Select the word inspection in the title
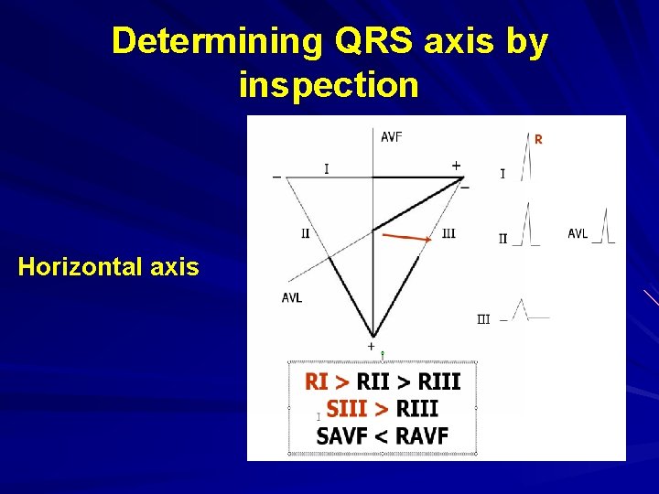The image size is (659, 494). [x=329, y=85]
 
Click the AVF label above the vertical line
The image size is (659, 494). [x=392, y=137]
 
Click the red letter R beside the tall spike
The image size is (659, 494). [x=538, y=140]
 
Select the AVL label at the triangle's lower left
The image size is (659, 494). [x=292, y=297]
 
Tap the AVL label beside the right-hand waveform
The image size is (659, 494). [x=578, y=234]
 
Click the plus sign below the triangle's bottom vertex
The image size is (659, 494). [x=371, y=347]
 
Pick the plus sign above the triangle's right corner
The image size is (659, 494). [x=456, y=166]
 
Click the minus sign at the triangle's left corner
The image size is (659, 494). [x=277, y=177]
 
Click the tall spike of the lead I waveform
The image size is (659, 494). [x=527, y=156]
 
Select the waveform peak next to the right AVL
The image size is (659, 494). [x=604, y=224]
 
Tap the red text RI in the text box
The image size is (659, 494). [x=316, y=381]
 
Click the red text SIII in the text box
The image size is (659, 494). [x=347, y=408]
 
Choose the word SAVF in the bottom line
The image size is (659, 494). [x=347, y=435]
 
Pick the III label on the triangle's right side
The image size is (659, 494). [x=448, y=234]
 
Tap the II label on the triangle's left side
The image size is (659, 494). [x=306, y=233]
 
